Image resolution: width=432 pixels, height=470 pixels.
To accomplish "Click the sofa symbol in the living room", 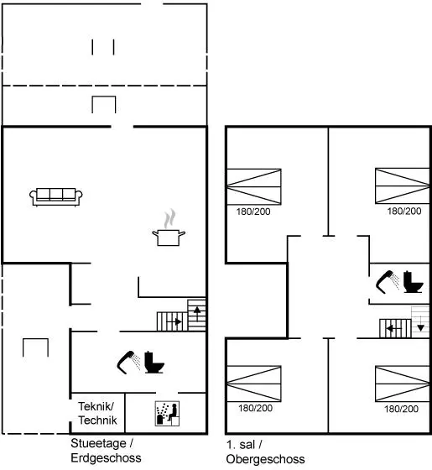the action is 56,197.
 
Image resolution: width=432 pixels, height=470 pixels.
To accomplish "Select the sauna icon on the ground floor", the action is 167,414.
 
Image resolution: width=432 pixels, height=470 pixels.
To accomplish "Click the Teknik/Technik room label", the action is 97,414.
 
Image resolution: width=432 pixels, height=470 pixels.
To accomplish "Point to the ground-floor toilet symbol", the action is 154,362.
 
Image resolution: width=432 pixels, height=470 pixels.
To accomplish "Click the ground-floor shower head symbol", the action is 128,362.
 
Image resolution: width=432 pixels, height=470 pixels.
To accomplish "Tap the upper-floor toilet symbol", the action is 413,282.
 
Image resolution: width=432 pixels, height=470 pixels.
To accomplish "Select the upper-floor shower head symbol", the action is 388,282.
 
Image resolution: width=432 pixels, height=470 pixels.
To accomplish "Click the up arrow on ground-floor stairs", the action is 197,314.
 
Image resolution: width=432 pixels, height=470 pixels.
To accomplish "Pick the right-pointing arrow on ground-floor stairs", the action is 174,322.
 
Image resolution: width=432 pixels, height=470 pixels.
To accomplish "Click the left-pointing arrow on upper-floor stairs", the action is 393,329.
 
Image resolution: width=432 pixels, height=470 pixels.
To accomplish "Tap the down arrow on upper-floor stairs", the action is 420,324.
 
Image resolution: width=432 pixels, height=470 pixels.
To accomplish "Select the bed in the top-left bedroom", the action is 253,186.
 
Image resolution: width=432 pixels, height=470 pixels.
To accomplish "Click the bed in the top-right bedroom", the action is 403,185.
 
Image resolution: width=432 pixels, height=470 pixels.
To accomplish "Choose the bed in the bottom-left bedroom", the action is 253,384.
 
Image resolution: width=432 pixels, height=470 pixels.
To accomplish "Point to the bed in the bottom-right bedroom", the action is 403,384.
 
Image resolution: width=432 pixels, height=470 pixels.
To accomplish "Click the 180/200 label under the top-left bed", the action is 253,211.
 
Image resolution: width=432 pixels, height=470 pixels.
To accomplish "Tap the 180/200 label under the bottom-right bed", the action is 401,409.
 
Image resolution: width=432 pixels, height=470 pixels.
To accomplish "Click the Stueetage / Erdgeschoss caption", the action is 106,451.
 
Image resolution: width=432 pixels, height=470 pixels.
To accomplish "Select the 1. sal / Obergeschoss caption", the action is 265,452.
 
